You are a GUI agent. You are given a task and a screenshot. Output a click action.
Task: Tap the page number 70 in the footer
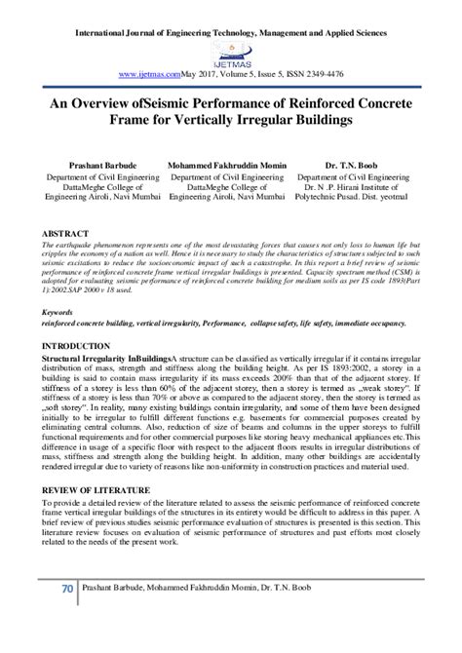click(66, 617)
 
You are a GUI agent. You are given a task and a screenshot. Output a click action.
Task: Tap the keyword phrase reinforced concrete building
click(96, 323)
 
